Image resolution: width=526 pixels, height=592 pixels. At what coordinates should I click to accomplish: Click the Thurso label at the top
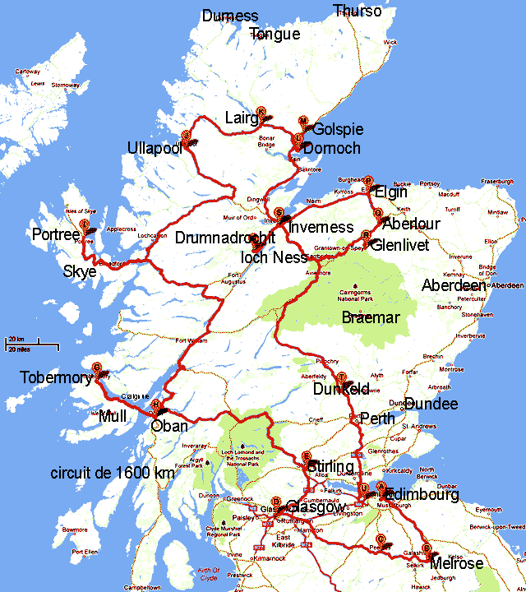click(358, 11)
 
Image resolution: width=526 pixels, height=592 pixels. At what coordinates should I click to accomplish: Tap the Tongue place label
click(275, 34)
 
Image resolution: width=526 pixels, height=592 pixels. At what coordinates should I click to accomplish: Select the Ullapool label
click(154, 148)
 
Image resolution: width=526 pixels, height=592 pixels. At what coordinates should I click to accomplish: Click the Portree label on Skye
click(56, 235)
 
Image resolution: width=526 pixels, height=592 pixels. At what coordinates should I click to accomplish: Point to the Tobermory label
click(58, 378)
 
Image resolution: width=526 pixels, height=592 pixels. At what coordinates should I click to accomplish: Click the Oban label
click(169, 426)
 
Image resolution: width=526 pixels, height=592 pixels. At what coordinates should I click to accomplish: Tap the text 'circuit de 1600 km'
click(113, 474)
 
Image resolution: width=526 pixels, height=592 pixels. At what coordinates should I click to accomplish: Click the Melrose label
click(456, 563)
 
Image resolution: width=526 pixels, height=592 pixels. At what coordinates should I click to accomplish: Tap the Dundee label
click(431, 405)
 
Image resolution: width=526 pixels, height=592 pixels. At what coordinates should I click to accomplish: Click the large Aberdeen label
click(454, 285)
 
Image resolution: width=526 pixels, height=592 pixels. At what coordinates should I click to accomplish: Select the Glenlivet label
click(404, 245)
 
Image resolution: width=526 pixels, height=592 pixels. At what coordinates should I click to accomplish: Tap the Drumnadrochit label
click(224, 237)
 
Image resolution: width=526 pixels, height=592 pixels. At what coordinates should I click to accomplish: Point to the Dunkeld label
click(341, 390)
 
